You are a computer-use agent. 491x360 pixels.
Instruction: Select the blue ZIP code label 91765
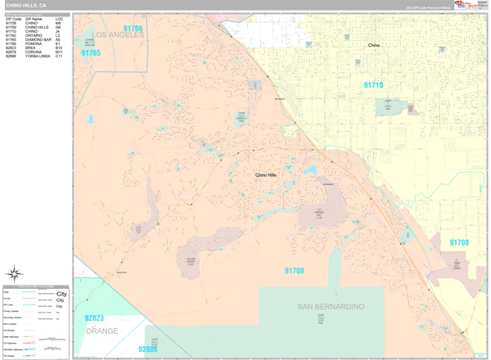pos(91,53)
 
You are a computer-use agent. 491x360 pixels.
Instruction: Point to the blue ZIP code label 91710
pos(373,85)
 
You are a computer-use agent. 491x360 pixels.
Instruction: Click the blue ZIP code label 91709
pos(294,271)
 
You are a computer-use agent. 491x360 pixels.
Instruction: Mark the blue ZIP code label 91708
pos(459,242)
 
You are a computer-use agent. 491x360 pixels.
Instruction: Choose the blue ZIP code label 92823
pos(94,318)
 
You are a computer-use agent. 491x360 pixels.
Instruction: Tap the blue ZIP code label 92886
pos(148,349)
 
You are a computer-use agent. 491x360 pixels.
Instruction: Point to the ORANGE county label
pos(101,331)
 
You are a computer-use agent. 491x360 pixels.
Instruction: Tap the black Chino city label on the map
pos(374,46)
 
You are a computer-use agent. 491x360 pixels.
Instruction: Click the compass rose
pos(15,274)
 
